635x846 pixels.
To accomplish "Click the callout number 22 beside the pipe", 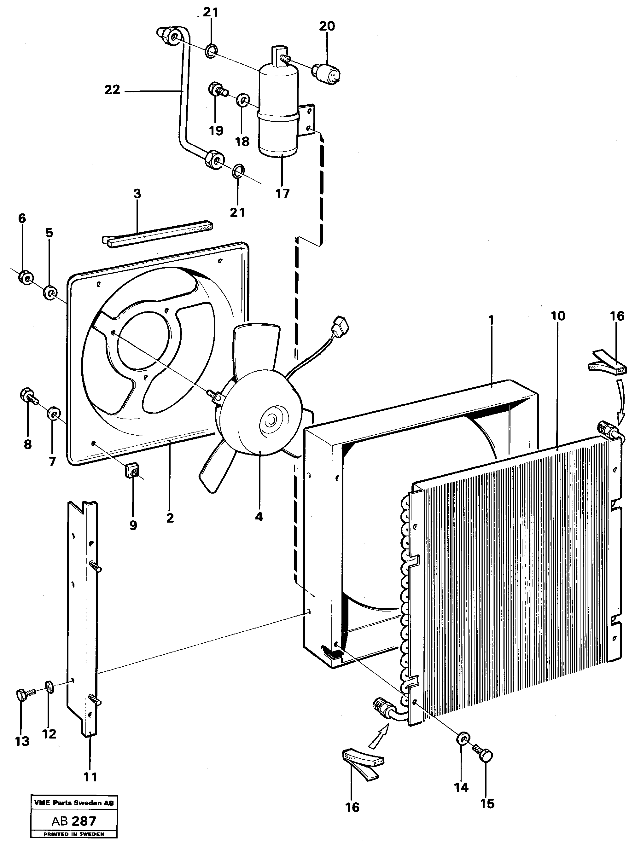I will pos(112,90).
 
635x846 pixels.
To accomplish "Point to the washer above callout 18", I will pos(242,100).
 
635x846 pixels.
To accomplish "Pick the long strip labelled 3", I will pos(157,234).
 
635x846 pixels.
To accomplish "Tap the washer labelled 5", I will pos(50,293).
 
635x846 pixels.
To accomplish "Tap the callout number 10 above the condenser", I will pos(558,316).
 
